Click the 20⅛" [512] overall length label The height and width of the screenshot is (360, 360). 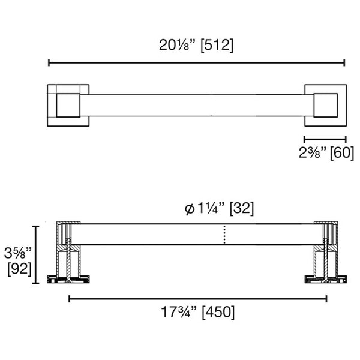coord(196,45)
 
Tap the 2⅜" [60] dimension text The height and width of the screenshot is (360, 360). coord(325,152)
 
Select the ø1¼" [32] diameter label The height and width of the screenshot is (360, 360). coord(219,208)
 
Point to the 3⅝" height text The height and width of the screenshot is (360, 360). coord(19,251)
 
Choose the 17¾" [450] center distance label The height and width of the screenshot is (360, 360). coord(197,313)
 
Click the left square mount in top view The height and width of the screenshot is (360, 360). coord(68,105)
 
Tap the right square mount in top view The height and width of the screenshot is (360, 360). coord(325,105)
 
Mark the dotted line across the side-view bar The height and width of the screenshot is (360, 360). coord(224,235)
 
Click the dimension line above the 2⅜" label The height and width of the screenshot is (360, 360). coord(325,139)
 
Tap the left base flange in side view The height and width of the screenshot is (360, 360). coord(68,278)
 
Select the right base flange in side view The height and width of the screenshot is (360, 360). coord(327,278)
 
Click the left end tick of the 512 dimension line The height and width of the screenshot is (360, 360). coord(49,62)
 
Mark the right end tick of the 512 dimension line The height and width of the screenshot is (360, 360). coord(344,62)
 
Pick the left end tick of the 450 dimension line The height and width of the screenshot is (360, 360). coord(69,298)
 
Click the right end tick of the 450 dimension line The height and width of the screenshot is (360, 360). coord(327,298)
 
